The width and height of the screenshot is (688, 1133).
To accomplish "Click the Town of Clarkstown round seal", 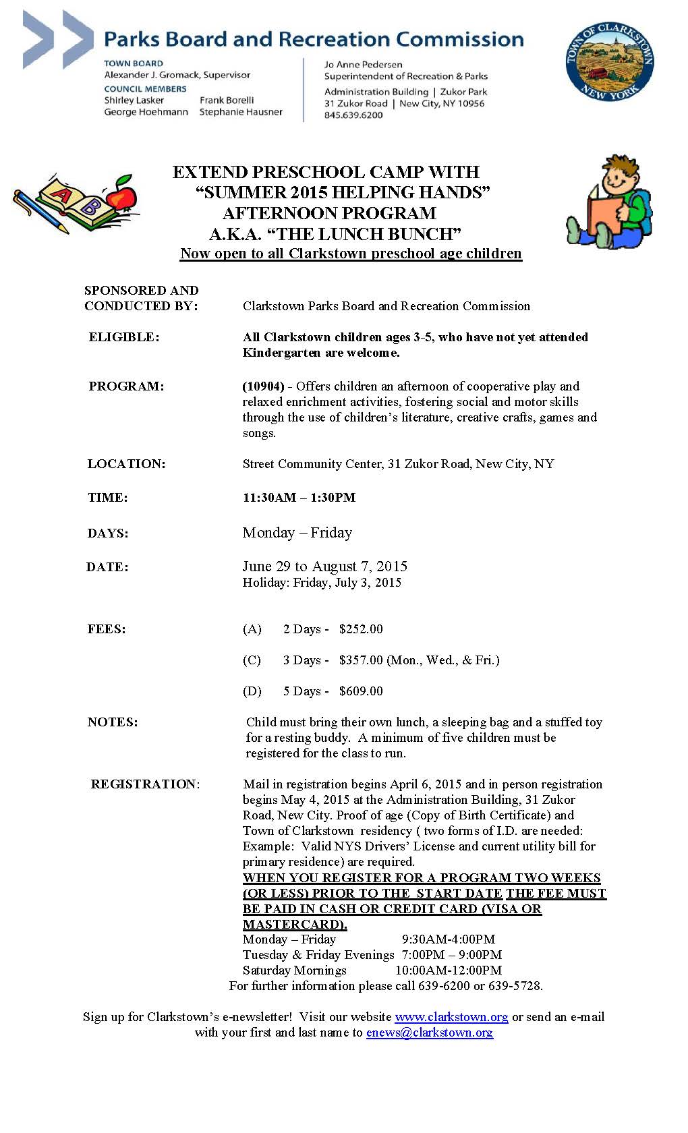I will coord(609,62).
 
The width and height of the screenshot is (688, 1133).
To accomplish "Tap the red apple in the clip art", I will coord(122,196).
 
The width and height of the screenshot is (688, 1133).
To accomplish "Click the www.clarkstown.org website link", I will coord(451,1016).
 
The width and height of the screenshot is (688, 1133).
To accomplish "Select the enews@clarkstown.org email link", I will coord(430,1032).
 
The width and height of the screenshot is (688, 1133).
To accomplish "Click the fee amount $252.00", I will coord(361,629).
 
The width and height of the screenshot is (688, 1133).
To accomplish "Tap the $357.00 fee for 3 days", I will coord(361,660).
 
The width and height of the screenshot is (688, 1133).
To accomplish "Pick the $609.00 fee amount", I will coord(361,691).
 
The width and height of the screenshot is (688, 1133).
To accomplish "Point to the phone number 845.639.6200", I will coord(353,115).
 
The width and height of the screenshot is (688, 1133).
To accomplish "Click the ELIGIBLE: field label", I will coord(124,337).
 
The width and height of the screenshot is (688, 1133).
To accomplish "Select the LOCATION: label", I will coord(126,464).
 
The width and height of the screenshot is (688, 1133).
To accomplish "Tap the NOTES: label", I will coord(113,722).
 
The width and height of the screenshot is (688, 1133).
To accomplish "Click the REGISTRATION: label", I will coord(145,784).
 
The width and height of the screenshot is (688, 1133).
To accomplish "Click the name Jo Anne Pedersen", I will coord(363,65).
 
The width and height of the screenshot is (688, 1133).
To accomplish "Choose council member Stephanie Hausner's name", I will coord(241,112).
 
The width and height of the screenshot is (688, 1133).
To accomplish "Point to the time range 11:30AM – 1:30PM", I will coord(299,498).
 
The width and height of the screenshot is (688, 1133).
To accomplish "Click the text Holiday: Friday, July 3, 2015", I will coord(322,583).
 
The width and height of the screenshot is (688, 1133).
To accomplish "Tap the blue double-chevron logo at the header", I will coord(57,39).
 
